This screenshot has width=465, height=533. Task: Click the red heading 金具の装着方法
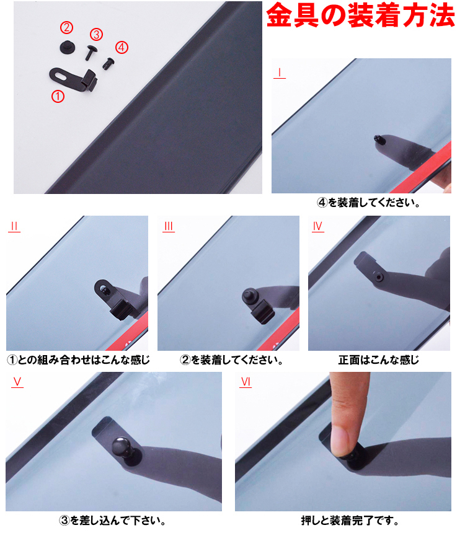(x=360, y=17)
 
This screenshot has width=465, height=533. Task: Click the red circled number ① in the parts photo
(x=58, y=96)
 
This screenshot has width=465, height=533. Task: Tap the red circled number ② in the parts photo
(x=66, y=27)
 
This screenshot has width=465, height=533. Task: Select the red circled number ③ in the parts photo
(x=96, y=34)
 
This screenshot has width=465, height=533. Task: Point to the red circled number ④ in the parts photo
(x=122, y=46)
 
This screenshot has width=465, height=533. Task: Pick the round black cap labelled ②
(x=66, y=46)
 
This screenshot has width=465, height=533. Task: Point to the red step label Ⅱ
(x=14, y=227)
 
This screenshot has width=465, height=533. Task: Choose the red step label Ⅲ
(x=168, y=227)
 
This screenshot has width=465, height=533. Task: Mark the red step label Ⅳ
(x=317, y=227)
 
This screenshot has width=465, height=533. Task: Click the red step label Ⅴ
(x=17, y=382)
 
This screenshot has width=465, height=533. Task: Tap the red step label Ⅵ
(x=246, y=382)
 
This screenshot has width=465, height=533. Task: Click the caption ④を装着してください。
(x=365, y=203)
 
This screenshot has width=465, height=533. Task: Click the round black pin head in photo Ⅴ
(x=120, y=447)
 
